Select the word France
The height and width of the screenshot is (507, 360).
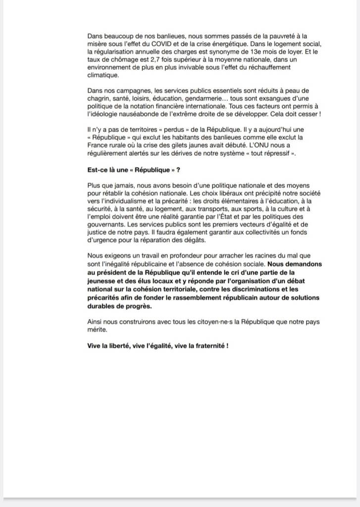97,145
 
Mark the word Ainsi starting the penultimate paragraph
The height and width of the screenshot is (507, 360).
95,321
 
